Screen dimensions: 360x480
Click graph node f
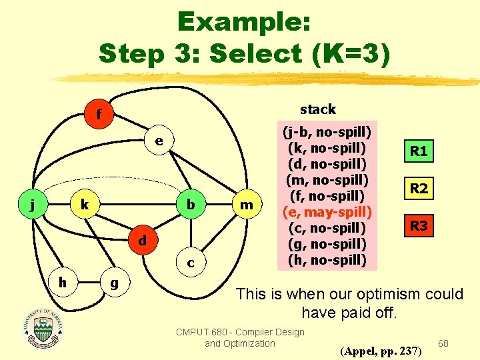98,115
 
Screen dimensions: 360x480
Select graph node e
159,141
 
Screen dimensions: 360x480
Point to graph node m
247,205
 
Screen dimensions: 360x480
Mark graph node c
191,263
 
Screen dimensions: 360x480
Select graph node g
114,283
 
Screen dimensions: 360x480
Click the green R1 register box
419,151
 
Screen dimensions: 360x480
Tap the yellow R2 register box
419,189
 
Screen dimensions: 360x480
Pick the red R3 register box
419,226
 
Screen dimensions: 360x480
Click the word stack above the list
318,109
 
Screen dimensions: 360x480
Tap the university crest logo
43,327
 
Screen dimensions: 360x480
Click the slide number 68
443,342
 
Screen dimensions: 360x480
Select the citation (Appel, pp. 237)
381,349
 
